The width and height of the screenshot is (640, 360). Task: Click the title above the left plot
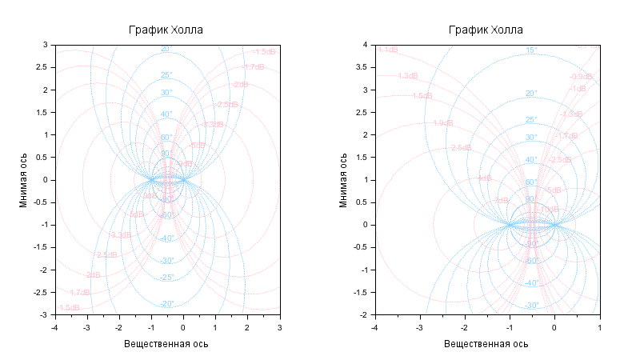166,30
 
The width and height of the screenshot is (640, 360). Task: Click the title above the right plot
486,30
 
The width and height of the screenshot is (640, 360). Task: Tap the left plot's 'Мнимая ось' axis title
24,180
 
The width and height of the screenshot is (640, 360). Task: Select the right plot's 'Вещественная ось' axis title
486,343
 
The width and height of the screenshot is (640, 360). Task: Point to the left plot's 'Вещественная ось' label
166,343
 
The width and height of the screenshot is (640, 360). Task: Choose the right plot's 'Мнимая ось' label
344,180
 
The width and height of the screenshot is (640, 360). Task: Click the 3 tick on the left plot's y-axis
46,45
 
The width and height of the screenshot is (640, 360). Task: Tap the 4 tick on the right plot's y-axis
366,45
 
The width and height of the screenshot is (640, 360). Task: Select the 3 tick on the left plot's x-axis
279,326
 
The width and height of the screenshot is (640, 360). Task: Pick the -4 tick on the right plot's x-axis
374,326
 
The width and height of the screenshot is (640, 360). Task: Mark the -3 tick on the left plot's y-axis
45,314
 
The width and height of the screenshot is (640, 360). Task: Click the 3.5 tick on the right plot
363,67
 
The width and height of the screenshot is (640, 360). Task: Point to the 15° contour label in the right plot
530,50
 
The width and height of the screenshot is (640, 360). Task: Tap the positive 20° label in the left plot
166,49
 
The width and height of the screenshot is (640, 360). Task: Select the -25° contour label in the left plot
166,278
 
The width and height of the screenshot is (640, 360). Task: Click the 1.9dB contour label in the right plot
442,123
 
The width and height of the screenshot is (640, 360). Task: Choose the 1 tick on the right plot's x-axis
599,326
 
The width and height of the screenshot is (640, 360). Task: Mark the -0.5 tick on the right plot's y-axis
362,247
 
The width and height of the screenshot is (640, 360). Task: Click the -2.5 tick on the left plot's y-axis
42,292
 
